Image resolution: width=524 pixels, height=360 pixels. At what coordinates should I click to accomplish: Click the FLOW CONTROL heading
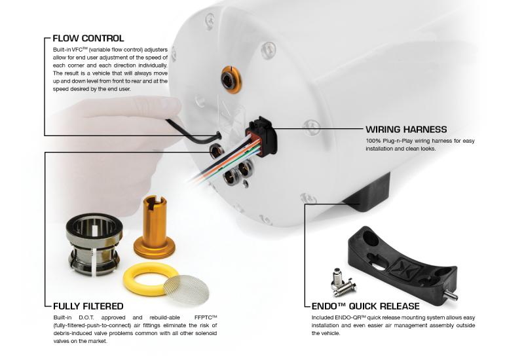coord(88,38)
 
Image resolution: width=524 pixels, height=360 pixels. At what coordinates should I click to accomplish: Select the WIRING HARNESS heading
coord(406,129)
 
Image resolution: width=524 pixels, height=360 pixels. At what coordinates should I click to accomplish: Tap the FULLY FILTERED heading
coord(88,306)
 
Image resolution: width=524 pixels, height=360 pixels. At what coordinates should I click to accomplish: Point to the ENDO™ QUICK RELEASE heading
coord(366,306)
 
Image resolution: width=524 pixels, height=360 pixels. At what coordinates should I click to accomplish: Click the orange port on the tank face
coord(231,80)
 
